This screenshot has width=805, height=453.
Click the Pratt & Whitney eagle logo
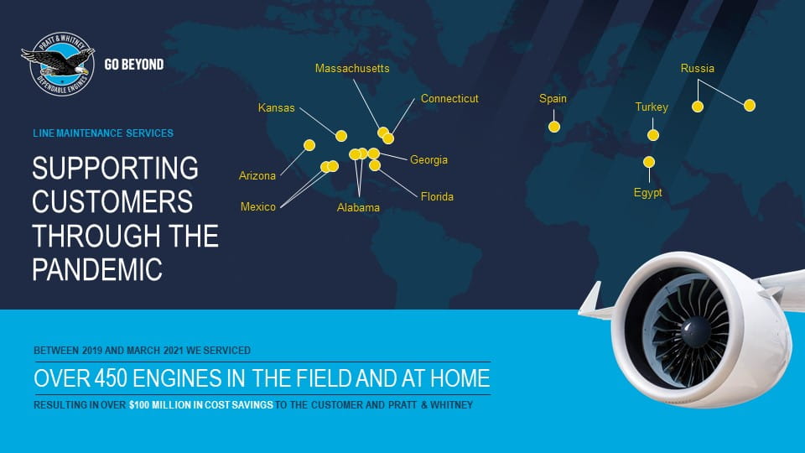click(x=58, y=64)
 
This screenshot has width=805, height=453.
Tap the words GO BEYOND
click(x=134, y=65)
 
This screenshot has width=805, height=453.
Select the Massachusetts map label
click(x=352, y=68)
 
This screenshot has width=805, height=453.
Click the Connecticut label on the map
click(x=449, y=98)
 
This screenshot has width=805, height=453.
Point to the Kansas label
click(x=276, y=108)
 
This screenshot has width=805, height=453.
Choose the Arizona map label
click(x=257, y=175)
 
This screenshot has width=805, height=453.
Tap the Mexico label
click(x=257, y=206)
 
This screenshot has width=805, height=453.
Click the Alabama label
click(x=358, y=207)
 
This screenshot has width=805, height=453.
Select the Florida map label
click(x=437, y=196)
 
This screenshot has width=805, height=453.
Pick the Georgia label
click(x=428, y=159)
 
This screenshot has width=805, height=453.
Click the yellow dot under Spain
click(x=554, y=127)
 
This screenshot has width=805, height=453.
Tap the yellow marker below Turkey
click(x=653, y=135)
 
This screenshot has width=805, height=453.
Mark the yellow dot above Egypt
click(x=649, y=162)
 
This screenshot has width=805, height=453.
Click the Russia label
click(x=697, y=68)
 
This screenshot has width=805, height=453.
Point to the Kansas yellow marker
click(x=341, y=136)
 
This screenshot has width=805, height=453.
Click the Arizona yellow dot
click(x=309, y=145)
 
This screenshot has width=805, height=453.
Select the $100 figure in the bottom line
click(x=138, y=404)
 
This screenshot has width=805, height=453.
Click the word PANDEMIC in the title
click(x=97, y=269)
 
